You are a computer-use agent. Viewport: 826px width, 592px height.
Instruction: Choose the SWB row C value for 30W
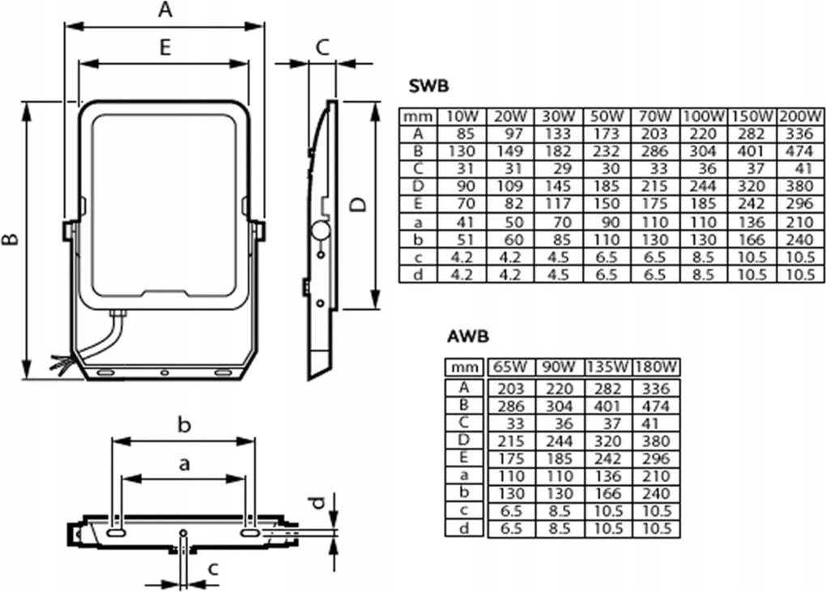tap(558, 168)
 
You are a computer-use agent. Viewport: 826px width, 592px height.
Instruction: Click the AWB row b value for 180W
tap(654, 493)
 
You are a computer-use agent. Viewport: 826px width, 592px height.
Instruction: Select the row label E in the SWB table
tap(419, 203)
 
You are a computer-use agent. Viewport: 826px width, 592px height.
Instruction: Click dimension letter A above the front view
tap(164, 11)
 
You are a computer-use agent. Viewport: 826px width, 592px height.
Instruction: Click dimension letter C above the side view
tap(321, 48)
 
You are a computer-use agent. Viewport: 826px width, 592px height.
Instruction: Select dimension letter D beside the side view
tap(357, 204)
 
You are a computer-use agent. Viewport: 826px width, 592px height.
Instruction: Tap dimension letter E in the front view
tap(164, 48)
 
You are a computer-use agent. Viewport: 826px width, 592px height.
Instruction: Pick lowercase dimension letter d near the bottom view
tap(320, 503)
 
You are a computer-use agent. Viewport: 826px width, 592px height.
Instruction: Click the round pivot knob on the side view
tap(321, 232)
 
